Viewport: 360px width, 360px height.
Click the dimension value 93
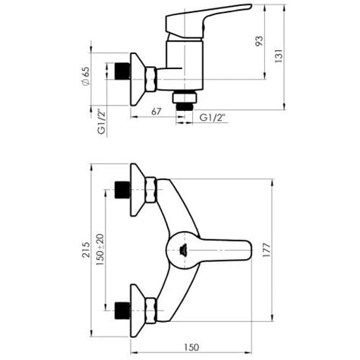[x=259, y=41]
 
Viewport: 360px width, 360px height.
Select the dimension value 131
[x=279, y=55]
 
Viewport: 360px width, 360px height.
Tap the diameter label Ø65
[x=86, y=76]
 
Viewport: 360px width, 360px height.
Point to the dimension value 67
[x=156, y=112]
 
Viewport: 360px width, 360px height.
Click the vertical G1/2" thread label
[x=101, y=122]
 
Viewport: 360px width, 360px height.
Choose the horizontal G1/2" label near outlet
[x=213, y=118]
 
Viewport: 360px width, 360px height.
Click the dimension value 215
[x=86, y=250]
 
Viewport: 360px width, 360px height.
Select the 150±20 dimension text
[x=100, y=250]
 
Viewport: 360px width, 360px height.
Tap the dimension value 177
[x=267, y=250]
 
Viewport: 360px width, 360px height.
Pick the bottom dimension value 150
[x=191, y=347]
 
